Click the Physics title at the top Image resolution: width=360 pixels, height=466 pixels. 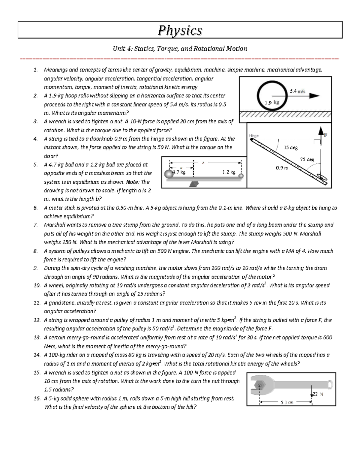tap(180, 30)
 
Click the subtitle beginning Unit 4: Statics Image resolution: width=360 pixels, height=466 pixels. tap(180, 49)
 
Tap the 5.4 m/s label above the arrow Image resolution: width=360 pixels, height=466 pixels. tap(297, 91)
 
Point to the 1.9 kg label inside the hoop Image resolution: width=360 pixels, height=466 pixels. tap(272, 103)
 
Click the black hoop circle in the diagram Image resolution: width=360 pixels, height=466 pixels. tap(258, 96)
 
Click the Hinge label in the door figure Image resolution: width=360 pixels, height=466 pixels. tap(254, 136)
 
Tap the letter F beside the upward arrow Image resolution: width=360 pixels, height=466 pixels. tap(325, 135)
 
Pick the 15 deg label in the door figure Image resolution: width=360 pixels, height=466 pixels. tap(291, 148)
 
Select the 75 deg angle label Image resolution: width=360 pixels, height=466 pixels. tap(307, 159)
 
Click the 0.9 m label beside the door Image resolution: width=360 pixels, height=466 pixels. tap(282, 168)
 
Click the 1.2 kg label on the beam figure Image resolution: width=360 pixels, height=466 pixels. tap(229, 172)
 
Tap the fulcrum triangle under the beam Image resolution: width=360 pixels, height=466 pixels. tap(194, 184)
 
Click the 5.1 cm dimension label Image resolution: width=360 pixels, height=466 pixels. tap(287, 402)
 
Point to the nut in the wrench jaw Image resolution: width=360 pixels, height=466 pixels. tap(260, 385)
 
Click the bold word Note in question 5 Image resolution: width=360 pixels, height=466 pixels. tap(133, 182)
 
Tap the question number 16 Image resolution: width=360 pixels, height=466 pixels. tap(37, 398)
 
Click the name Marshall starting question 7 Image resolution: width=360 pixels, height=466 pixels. tap(55, 225)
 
